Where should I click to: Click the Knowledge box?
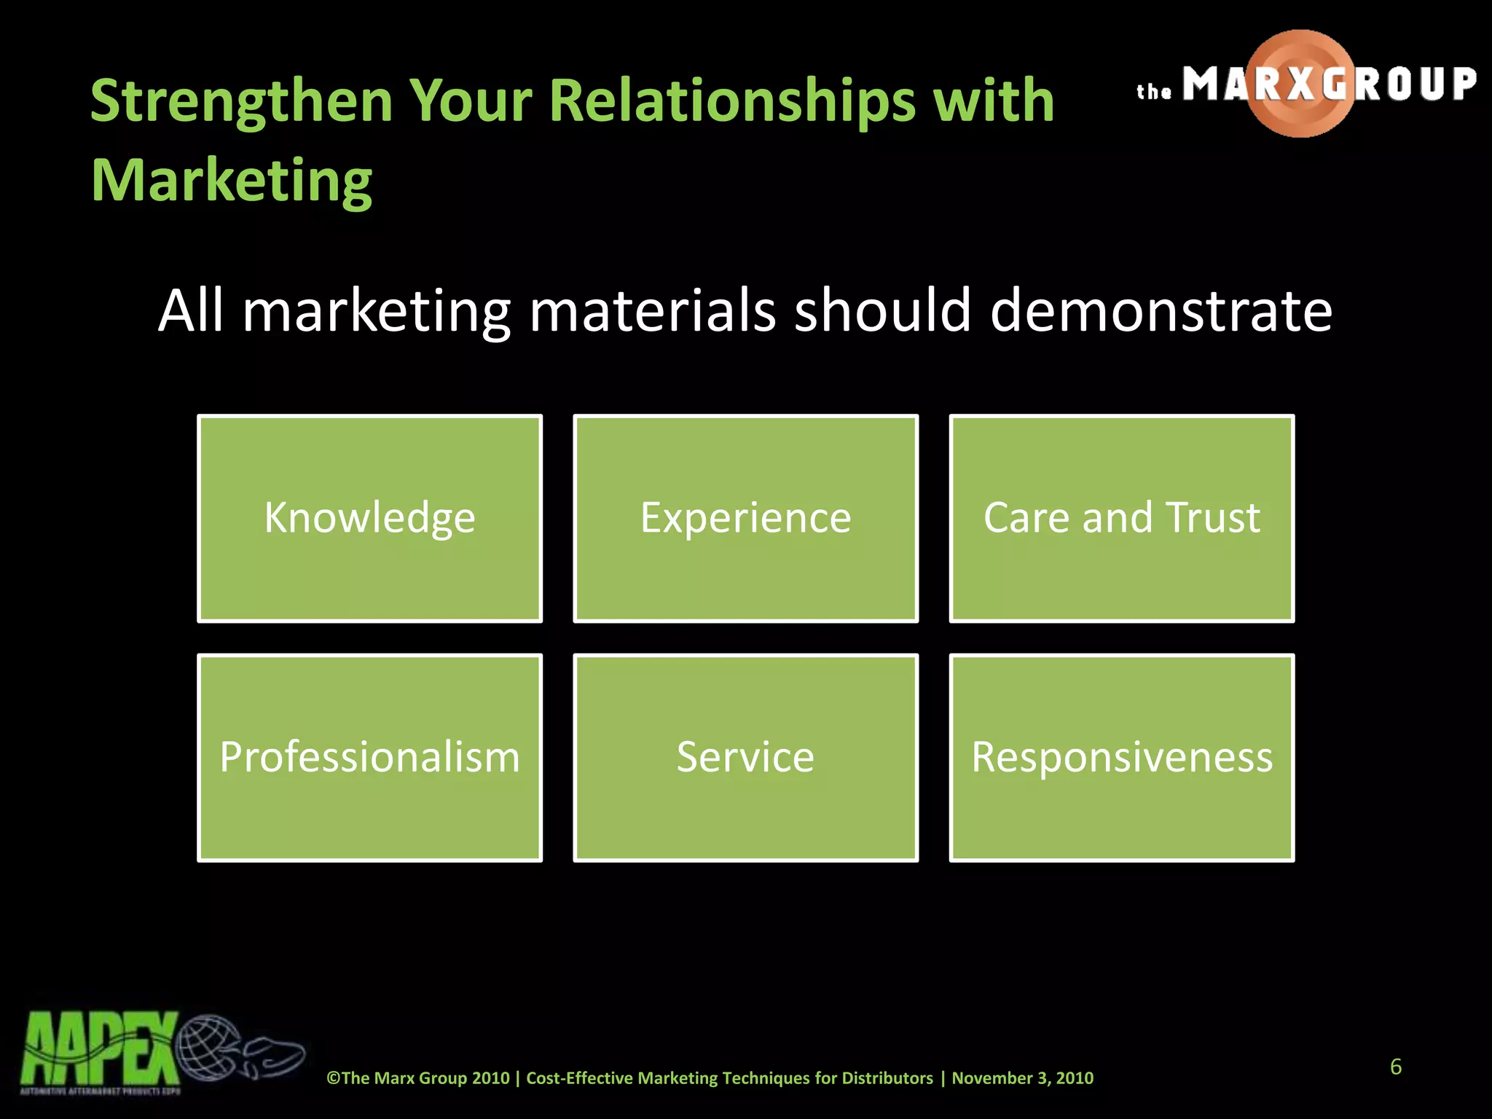click(369, 518)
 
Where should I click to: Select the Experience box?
click(745, 518)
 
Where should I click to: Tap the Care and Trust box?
click(1121, 518)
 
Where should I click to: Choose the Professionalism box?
click(369, 757)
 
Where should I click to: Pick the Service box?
click(745, 757)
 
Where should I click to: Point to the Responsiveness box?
click(1121, 757)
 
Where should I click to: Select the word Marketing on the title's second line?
click(232, 180)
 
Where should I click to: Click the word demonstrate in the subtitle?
click(1161, 310)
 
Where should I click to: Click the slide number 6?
click(1395, 1067)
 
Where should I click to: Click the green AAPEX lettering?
click(99, 1049)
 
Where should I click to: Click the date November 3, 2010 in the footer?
click(1022, 1078)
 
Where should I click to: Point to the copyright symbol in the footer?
click(333, 1078)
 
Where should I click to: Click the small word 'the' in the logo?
click(1154, 91)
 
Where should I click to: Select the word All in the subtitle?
click(190, 310)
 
